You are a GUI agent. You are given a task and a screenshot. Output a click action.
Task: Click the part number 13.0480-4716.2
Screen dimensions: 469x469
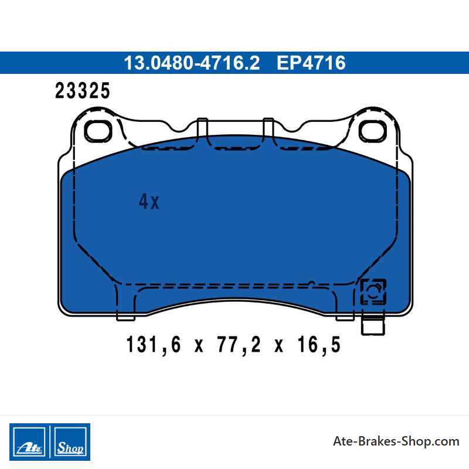click(x=192, y=63)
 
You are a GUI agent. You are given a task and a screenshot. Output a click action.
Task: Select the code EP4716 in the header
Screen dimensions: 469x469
click(x=311, y=63)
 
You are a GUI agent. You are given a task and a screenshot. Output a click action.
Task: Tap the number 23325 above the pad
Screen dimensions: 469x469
click(x=83, y=91)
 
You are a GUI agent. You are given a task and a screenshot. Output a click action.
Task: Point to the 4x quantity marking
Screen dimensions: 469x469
click(x=149, y=201)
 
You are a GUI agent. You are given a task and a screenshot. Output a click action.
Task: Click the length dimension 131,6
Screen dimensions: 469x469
click(x=154, y=345)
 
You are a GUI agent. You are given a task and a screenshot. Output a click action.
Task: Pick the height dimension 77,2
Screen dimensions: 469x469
click(x=239, y=345)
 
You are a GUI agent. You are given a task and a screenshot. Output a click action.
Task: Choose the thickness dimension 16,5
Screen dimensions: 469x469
click(x=319, y=345)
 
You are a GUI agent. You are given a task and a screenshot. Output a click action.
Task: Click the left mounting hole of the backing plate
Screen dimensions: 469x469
click(x=98, y=131)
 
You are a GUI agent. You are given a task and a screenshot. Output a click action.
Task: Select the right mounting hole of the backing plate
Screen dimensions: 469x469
click(x=372, y=131)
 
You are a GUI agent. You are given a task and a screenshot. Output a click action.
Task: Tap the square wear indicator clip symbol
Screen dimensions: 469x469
click(x=373, y=292)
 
